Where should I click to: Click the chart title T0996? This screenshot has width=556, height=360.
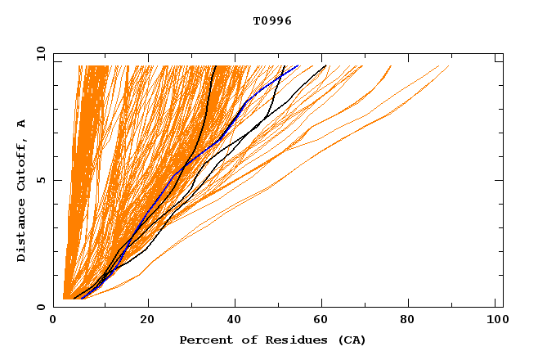[273, 20]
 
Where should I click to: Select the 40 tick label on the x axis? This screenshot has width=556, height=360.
[235, 321]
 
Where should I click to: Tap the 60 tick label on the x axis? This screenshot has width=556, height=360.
[321, 321]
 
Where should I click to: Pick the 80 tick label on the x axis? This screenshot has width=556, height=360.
[408, 321]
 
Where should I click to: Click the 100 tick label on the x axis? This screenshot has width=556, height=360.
[495, 321]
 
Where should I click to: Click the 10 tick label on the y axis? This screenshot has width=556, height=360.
[40, 53]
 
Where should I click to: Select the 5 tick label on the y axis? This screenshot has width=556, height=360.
[40, 180]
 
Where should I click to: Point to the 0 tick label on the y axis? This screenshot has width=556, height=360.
[40, 307]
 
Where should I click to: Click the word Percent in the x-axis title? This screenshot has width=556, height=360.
[202, 340]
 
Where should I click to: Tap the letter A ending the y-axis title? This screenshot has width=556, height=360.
[21, 124]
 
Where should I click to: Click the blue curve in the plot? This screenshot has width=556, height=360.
[245, 102]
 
